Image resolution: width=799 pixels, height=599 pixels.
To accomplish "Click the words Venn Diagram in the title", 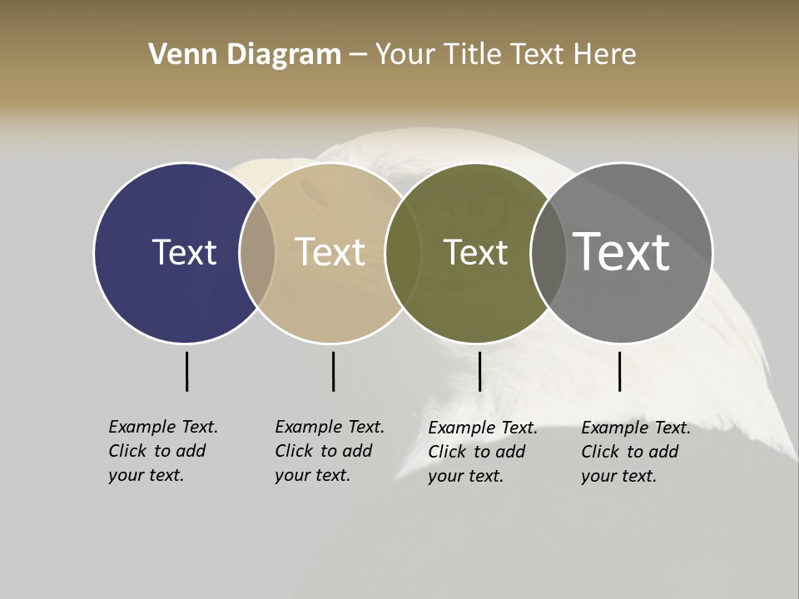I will [245, 55].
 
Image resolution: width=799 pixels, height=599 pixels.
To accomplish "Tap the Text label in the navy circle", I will [184, 252].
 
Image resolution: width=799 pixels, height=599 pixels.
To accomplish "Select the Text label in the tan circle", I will [330, 252].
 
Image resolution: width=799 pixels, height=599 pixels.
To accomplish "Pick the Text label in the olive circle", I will [475, 252].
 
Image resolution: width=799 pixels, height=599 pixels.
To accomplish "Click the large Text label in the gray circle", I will [621, 252].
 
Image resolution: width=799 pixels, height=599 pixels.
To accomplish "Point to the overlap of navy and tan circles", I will [257, 253].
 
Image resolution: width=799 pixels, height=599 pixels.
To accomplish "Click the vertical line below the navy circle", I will [186, 371].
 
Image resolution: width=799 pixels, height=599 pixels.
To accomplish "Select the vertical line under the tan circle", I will [333, 371].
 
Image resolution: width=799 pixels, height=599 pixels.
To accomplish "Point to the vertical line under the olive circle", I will [479, 371].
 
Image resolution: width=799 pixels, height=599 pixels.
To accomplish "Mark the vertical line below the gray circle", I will [619, 371].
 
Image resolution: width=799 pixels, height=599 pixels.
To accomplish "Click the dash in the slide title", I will [358, 56].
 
